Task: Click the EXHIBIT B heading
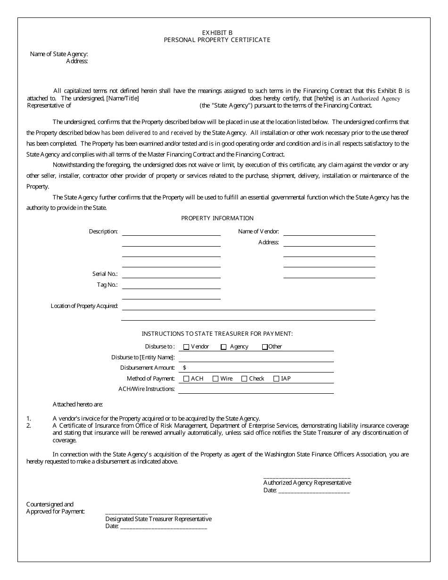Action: pos(217,33)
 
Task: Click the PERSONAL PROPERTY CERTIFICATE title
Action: pos(217,40)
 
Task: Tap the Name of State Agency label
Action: pos(59,54)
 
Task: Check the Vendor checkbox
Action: pos(186,347)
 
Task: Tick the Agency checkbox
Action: pos(224,347)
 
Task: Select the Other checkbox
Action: pos(265,347)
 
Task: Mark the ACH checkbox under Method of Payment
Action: pos(186,379)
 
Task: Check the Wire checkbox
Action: pos(216,379)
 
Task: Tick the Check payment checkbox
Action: pos(244,379)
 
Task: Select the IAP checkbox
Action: pos(276,379)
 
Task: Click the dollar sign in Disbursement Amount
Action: pos(184,368)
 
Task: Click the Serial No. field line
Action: pos(171,277)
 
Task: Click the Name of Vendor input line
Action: pos(329,234)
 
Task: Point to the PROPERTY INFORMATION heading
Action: pos(217,218)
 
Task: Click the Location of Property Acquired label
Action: pos(84,307)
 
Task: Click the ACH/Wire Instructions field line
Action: pos(256,392)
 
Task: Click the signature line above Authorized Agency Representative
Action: pos(307,478)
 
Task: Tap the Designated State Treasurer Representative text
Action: pos(158,519)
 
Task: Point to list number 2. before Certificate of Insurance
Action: pos(29,426)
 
